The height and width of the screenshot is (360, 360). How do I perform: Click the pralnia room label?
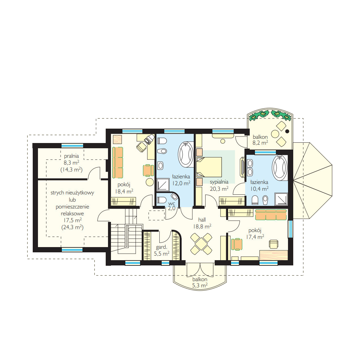pos(71,156)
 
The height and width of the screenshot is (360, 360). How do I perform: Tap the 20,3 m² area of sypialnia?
pos(219,189)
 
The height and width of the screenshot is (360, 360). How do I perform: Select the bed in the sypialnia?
pos(209,167)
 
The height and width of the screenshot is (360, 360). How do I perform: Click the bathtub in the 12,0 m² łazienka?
pos(186,154)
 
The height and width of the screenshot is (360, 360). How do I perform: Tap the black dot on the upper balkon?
pos(287,131)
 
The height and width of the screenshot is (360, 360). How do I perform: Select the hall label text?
pos(202,220)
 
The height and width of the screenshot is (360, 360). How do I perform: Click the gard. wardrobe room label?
pos(161,247)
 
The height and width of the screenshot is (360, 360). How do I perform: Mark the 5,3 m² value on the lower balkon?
pos(200,285)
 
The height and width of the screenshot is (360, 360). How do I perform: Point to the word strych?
pos(57,193)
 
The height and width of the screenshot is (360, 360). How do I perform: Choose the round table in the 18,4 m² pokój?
pos(150,182)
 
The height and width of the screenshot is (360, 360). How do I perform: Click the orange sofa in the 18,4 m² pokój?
pos(117,163)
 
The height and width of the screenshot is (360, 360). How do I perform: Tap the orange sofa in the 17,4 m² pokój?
pos(271,215)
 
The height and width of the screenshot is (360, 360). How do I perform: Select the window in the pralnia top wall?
pos(72,146)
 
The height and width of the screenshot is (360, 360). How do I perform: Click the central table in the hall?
pos(201,244)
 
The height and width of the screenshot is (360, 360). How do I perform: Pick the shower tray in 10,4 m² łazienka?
pos(281,199)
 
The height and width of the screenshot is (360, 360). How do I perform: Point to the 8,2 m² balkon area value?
pos(260,143)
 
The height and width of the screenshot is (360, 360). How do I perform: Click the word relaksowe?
pos(72,213)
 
